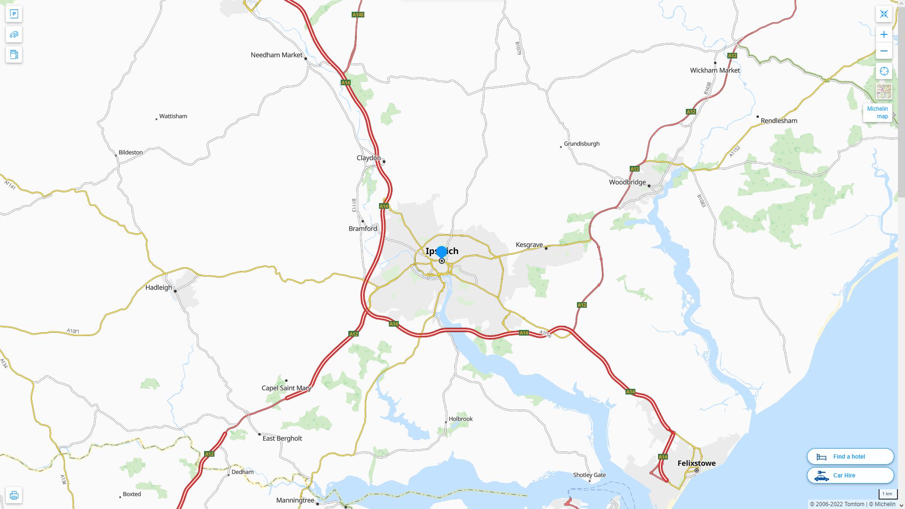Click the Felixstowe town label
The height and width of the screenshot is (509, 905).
click(696, 463)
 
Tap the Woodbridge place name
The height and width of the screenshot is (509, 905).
click(627, 182)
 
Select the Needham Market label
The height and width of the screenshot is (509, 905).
click(276, 55)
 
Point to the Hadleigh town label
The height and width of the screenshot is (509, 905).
click(158, 287)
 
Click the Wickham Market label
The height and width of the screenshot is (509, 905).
click(715, 70)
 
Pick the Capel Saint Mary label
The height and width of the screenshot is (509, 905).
click(286, 388)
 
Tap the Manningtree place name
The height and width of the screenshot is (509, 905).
click(295, 500)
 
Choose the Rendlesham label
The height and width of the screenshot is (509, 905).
click(779, 121)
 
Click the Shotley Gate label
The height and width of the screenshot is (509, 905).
click(589, 475)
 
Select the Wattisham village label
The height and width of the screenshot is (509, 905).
click(173, 116)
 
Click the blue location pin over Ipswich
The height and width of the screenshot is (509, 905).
click(441, 252)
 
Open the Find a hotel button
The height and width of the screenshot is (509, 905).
click(850, 456)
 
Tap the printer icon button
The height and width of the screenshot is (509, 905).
click(14, 495)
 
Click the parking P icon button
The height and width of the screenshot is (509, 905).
click(14, 14)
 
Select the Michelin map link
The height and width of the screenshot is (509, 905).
click(877, 113)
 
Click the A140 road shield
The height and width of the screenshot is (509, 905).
click(358, 15)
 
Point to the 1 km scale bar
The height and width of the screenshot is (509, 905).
click(887, 494)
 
